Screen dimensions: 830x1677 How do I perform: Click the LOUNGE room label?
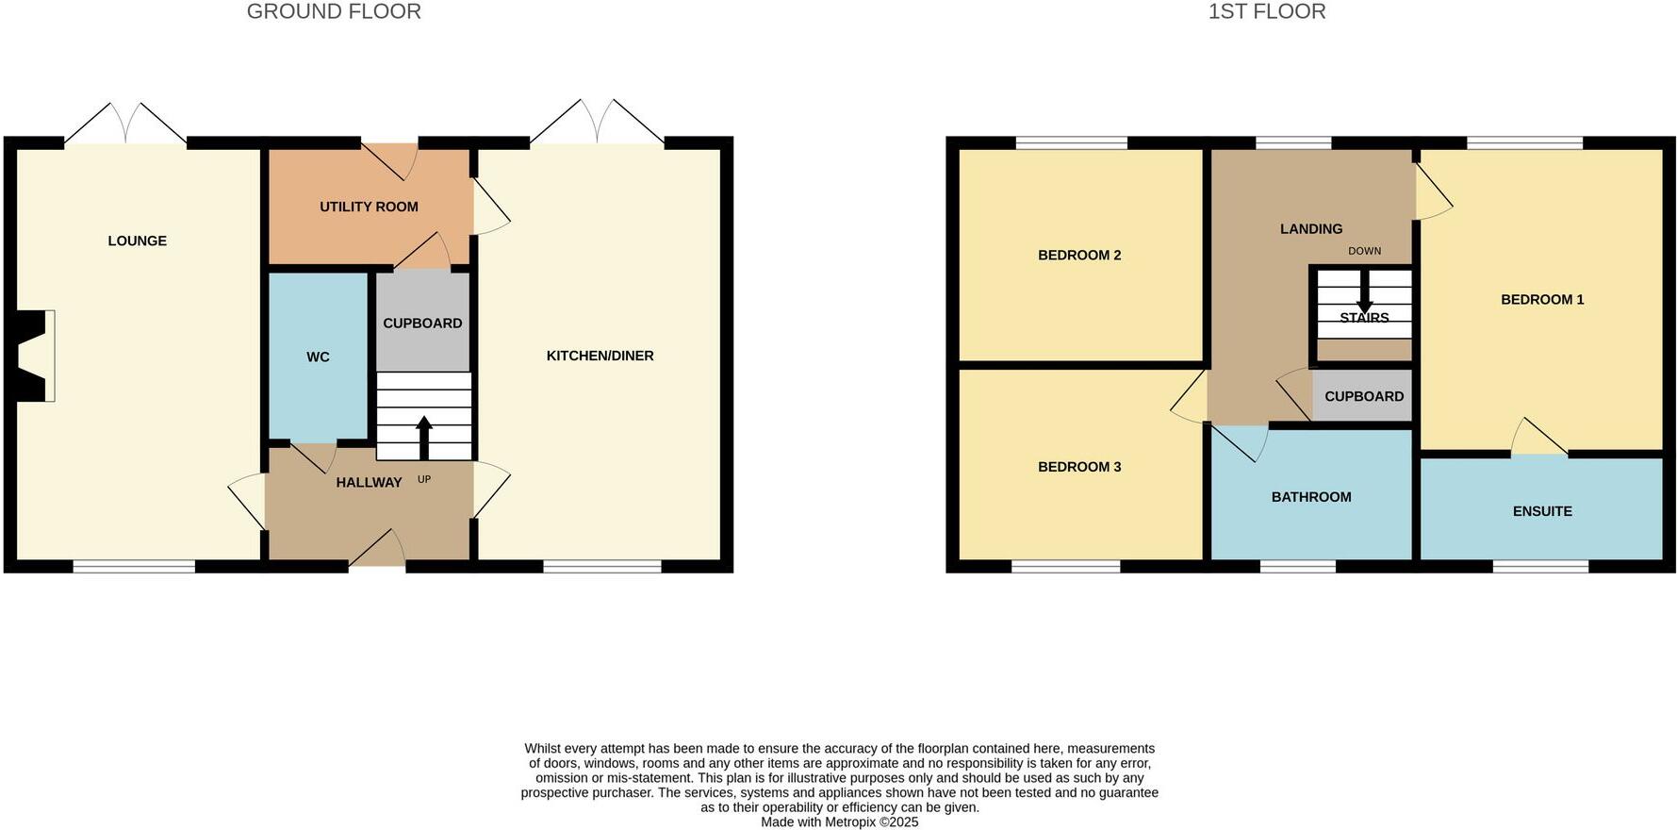pos(137,241)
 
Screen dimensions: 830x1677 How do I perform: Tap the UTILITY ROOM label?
pos(369,207)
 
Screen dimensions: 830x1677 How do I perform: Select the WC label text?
pos(318,357)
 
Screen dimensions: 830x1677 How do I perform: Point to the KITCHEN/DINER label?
pos(600,356)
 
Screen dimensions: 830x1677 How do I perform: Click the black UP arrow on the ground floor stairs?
pos(424,437)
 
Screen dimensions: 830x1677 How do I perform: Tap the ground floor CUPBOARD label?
pos(422,323)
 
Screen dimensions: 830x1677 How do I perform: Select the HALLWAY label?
pos(369,482)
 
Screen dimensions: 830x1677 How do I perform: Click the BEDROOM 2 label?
pos(1079,255)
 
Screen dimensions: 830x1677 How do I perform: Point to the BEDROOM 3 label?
pos(1079,466)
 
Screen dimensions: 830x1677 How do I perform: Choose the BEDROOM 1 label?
pos(1542,299)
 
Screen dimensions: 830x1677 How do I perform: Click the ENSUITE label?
pos(1542,511)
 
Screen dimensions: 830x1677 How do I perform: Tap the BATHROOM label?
pos(1311,497)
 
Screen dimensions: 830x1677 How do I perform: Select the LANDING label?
pos(1311,228)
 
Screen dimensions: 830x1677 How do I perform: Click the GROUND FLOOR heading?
pos(334,11)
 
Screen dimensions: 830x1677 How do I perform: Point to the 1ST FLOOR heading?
pos(1267,11)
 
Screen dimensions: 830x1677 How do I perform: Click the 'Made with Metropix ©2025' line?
pos(839,822)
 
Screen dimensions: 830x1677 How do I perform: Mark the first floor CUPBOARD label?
pos(1364,396)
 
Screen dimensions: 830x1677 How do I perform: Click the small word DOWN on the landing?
pos(1364,251)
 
